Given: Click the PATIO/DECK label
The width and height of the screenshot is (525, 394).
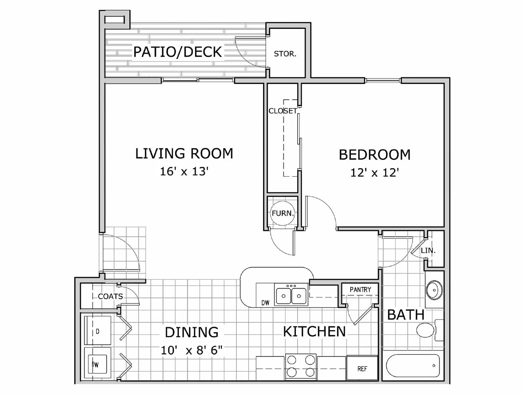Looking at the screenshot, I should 178,52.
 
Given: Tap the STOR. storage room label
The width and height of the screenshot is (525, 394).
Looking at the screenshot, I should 285,54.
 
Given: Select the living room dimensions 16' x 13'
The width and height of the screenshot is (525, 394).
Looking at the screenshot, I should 184,171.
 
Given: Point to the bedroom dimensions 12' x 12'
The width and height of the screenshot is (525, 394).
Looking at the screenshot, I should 374,173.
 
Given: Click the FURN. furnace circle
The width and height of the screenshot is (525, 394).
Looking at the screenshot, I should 282,213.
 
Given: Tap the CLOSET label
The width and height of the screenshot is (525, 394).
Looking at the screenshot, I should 283,111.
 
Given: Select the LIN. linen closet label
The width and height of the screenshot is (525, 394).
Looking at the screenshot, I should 428,251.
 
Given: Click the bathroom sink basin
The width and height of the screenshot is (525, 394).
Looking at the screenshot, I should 434,290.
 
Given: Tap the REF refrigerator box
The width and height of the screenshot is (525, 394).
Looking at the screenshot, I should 362,368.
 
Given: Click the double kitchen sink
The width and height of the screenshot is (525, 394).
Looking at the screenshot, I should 291,295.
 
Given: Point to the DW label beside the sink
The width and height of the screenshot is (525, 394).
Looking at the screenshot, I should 265,303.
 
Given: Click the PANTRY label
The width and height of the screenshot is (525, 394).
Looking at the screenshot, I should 360,290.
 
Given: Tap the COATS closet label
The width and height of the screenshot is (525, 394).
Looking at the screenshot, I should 110,296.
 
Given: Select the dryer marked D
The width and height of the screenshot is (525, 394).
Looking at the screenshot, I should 97,331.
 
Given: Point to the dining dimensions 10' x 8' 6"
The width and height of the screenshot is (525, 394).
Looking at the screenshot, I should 191,350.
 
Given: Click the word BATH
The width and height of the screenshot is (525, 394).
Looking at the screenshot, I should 406,315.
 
